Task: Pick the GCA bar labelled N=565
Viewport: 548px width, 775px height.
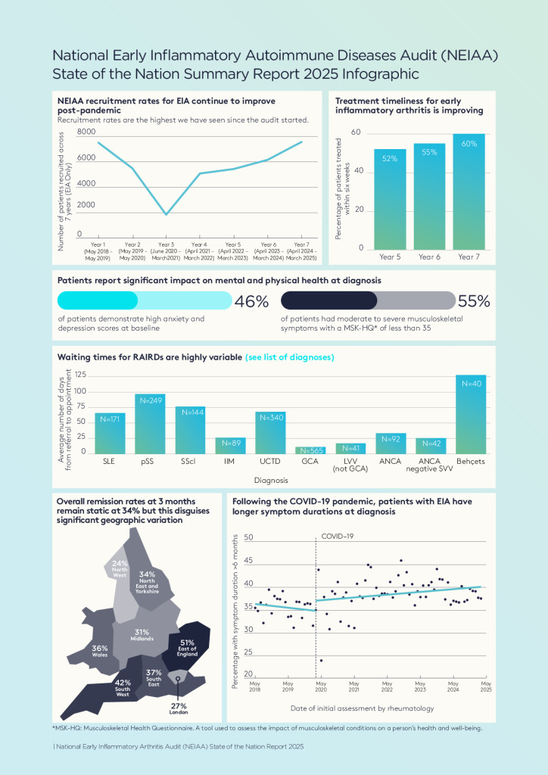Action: pos(310,450)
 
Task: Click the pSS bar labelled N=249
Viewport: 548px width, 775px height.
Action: pos(150,424)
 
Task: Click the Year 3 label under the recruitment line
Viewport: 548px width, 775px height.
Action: pos(167,251)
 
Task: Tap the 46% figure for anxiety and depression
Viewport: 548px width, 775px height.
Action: pos(251,301)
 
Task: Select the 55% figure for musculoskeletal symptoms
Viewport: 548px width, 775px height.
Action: pos(474,301)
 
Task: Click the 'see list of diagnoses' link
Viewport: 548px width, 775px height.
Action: pos(290,356)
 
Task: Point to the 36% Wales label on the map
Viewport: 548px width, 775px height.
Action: pos(99,650)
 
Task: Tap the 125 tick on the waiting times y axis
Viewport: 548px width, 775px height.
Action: pos(80,375)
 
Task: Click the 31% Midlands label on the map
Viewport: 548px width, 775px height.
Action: pos(142,634)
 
